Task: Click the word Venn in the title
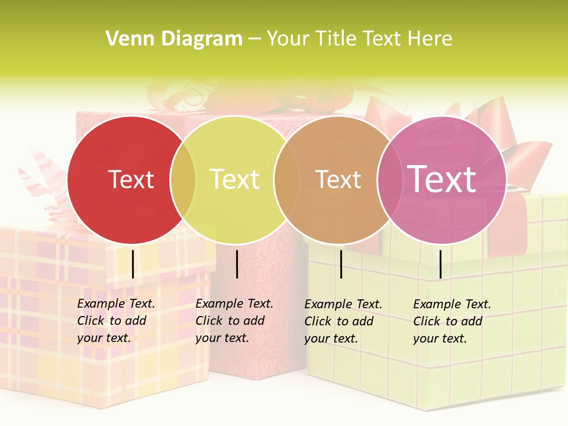coord(126,39)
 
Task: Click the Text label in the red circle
coord(131,179)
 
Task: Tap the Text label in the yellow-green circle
coord(234,179)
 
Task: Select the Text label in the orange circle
coord(338,179)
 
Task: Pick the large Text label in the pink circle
coord(442,179)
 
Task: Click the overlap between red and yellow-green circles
coord(183,180)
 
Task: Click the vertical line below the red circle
coord(133,264)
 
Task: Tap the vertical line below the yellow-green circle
coord(237,264)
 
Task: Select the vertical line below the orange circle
coord(341,264)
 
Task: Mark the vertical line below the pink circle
coord(440,264)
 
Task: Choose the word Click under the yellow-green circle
coord(209,321)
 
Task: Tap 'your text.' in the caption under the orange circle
coord(331,338)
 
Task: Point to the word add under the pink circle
coord(472,321)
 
